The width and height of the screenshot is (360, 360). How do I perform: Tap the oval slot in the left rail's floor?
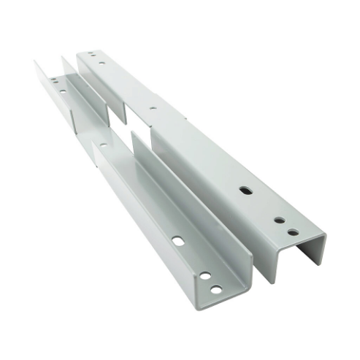pos(178,240)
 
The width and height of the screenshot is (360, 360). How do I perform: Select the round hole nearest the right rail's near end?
pos(293,232)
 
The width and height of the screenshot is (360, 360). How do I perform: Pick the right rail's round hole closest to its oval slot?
pos(279,219)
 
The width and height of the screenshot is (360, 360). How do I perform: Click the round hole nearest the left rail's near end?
pos(216,290)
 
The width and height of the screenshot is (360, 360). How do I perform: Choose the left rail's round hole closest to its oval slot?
pos(205,276)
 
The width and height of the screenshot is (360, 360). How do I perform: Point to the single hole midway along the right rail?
pos(152,108)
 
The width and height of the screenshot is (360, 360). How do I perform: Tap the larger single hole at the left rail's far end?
pos(64,91)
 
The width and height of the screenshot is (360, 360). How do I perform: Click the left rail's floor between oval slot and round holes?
pos(192,258)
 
